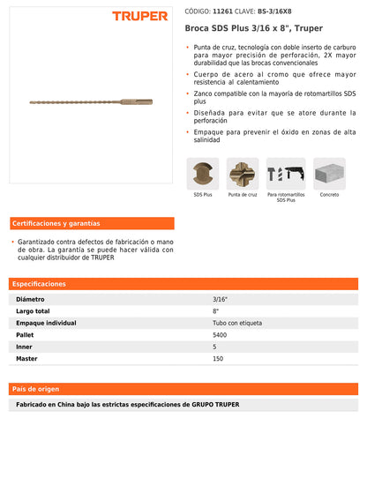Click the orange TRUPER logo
click(139, 16)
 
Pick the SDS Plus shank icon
click(202, 173)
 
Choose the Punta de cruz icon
click(243, 173)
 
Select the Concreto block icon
click(328, 173)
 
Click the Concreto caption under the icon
click(328, 194)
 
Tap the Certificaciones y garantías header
click(56, 223)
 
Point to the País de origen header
click(36, 388)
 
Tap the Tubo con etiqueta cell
click(231, 324)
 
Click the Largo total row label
click(34, 312)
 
